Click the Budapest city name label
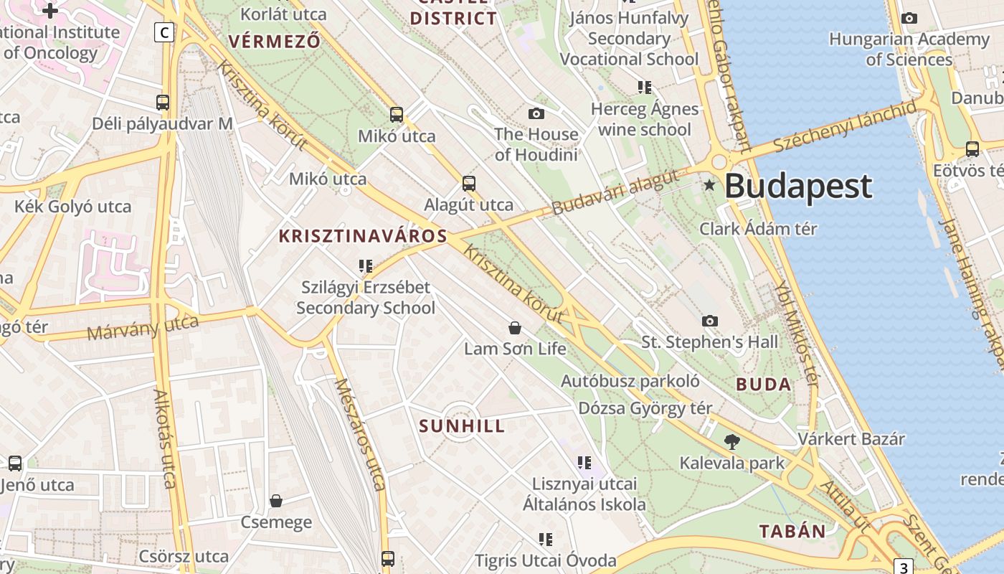(798, 186)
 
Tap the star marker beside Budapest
(710, 185)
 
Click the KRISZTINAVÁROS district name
(363, 236)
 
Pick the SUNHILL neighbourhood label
(462, 426)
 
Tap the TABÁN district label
(792, 531)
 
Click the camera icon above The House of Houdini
(536, 113)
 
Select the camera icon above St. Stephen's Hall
(710, 321)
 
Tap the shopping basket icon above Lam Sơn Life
(515, 329)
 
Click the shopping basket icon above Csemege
(276, 501)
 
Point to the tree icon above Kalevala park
(732, 441)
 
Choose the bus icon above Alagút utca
(469, 184)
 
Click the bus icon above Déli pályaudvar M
(163, 103)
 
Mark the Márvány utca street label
(143, 328)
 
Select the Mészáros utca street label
(360, 433)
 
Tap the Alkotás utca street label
(166, 438)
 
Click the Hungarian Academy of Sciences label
(909, 49)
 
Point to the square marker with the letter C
(164, 32)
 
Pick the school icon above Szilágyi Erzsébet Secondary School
(366, 266)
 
